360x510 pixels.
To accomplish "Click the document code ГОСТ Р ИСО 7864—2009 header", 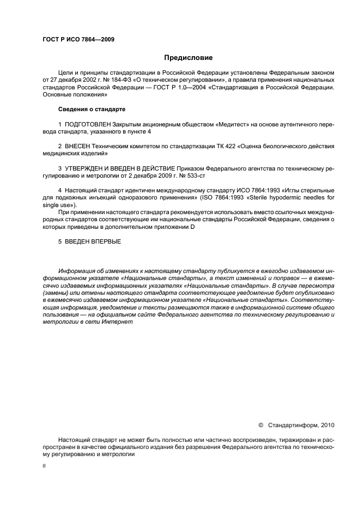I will pos(78,40).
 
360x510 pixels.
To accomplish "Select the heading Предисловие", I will pos(188,57).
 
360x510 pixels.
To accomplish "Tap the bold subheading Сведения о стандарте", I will pos(91,110).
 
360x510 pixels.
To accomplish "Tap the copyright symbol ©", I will pos(260,424).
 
